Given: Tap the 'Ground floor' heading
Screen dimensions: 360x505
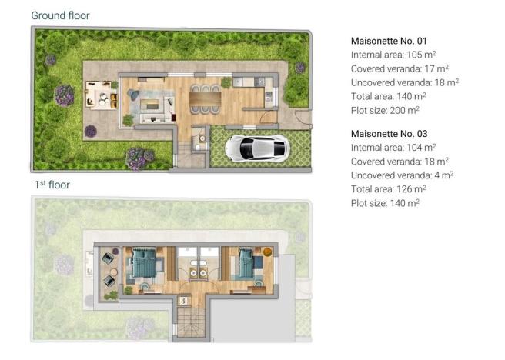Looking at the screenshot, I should tap(60, 15).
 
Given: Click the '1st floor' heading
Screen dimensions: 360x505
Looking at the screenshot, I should tap(52, 185).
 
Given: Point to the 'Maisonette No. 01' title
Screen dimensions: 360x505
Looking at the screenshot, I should tap(389, 40).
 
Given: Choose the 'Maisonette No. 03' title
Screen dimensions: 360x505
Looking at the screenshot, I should tap(389, 132).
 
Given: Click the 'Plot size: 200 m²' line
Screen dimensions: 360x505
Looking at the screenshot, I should tap(385, 111).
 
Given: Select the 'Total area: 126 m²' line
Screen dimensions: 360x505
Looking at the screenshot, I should tap(386, 189).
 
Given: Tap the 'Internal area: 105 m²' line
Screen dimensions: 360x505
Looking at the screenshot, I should tap(393, 55).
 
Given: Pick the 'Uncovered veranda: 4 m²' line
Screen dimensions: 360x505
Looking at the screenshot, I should tap(400, 175).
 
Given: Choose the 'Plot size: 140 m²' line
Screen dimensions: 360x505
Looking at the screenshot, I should tap(385, 203).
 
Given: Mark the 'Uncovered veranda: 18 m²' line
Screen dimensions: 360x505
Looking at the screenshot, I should tap(404, 82).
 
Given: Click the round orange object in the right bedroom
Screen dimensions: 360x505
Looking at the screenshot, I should tap(267, 252).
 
